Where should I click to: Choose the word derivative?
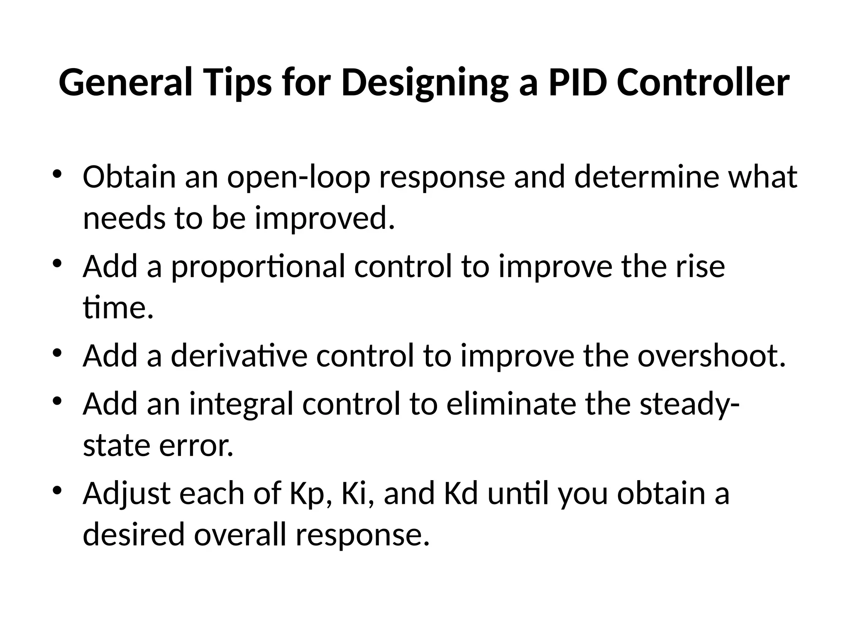point(239,356)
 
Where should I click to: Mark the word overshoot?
point(711,356)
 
